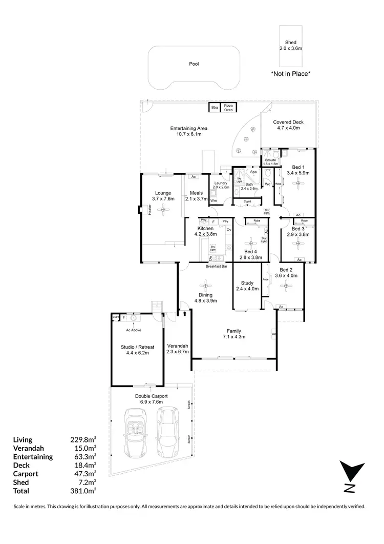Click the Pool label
pyautogui.click(x=193, y=64)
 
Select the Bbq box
pyautogui.click(x=215, y=108)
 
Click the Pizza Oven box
pyautogui.click(x=228, y=108)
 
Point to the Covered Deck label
pyautogui.click(x=288, y=123)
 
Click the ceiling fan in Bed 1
pyautogui.click(x=297, y=188)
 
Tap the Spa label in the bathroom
pyautogui.click(x=253, y=172)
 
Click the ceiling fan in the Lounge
pyautogui.click(x=163, y=209)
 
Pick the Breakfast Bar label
pyautogui.click(x=217, y=267)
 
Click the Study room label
pyautogui.click(x=247, y=283)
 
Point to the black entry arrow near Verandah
pyautogui.click(x=184, y=311)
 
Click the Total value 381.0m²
pyautogui.click(x=83, y=490)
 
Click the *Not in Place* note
pyautogui.click(x=290, y=74)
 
